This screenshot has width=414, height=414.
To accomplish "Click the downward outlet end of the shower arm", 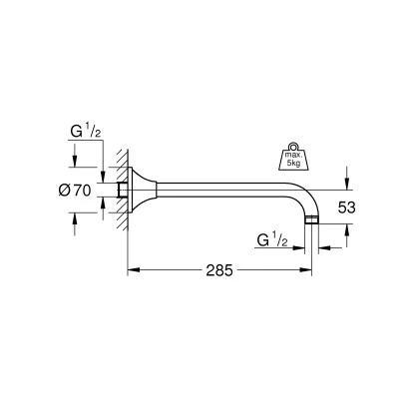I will click(314, 220).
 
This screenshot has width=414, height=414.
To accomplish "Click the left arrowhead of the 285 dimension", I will click(131, 269).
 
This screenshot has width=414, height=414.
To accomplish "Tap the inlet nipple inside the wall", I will click(123, 190).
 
